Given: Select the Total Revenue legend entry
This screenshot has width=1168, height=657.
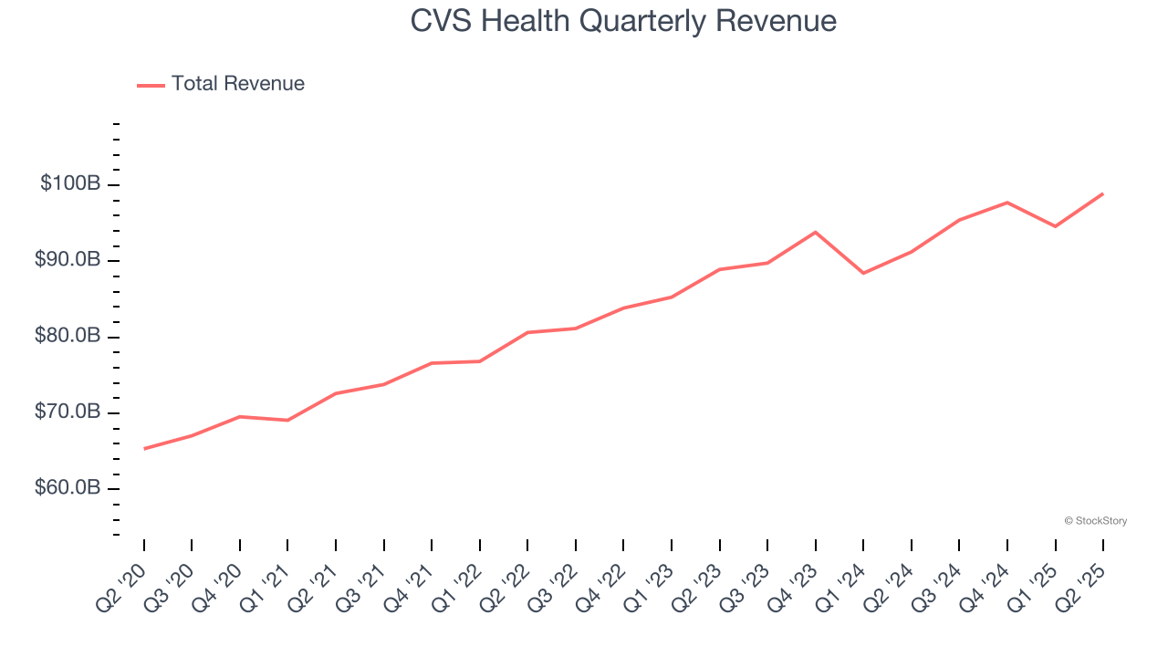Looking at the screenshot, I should point(237,84).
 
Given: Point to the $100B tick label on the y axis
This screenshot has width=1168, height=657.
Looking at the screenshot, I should point(70,184).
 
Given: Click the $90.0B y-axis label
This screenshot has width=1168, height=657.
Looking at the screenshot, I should point(68,261).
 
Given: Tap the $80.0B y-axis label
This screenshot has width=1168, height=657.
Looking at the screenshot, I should point(68,337).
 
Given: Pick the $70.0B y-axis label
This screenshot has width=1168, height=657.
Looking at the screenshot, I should point(68,412).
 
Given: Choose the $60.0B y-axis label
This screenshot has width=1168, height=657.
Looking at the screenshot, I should point(68,488).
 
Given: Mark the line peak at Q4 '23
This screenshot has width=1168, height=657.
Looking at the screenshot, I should point(815,232).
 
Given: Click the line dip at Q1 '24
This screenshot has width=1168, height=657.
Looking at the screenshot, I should point(863,273).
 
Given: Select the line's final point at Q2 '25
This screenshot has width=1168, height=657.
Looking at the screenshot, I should point(1102,193).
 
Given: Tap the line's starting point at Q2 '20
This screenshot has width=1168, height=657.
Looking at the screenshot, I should point(144,448).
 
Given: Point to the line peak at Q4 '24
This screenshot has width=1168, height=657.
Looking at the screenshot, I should point(1006,202).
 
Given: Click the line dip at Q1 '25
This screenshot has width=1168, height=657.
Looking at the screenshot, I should point(1055,226).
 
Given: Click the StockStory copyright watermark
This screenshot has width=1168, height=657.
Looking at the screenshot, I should point(1095,521).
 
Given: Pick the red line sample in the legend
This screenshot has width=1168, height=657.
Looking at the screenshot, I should point(151,85).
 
